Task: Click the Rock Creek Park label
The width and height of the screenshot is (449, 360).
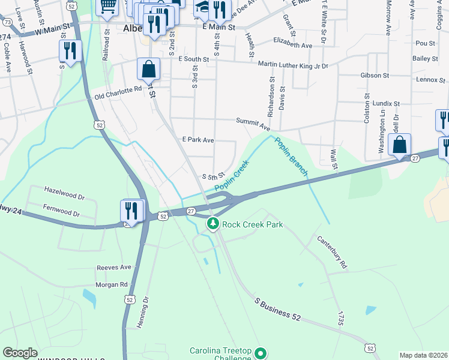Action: point(252,225)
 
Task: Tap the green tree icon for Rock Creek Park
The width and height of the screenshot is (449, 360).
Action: point(212,224)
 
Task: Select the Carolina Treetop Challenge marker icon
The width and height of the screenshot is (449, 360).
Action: point(261,353)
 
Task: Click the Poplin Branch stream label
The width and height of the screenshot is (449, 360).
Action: point(291,157)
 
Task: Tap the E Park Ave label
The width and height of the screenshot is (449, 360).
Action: point(198,140)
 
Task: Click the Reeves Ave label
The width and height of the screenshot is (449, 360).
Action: point(114,267)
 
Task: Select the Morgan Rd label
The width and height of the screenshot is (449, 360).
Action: point(112,284)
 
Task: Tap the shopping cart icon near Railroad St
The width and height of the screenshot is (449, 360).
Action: point(107,5)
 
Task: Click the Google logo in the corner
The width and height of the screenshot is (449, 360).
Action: point(20,353)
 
